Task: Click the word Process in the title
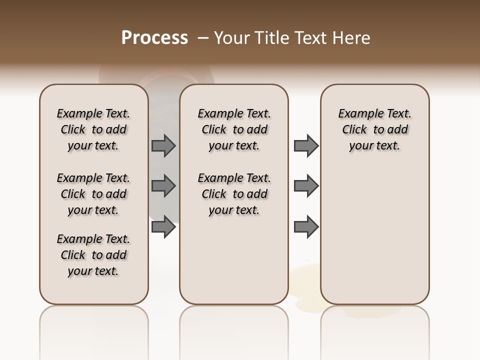pyautogui.click(x=154, y=38)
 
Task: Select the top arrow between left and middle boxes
pyautogui.click(x=163, y=146)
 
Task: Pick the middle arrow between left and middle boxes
pyautogui.click(x=163, y=186)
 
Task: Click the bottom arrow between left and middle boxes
pyautogui.click(x=163, y=226)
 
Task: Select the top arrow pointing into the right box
pyautogui.click(x=306, y=146)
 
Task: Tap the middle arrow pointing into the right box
pyautogui.click(x=306, y=186)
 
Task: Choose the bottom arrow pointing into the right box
pyautogui.click(x=306, y=226)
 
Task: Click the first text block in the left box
pyautogui.click(x=93, y=129)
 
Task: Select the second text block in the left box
pyautogui.click(x=93, y=194)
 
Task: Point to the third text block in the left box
pyautogui.click(x=93, y=255)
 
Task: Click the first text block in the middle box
pyautogui.click(x=234, y=129)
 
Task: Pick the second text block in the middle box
pyautogui.click(x=234, y=194)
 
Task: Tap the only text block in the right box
pyautogui.click(x=375, y=129)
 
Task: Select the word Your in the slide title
pyautogui.click(x=232, y=38)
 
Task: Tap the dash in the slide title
pyautogui.click(x=203, y=38)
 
